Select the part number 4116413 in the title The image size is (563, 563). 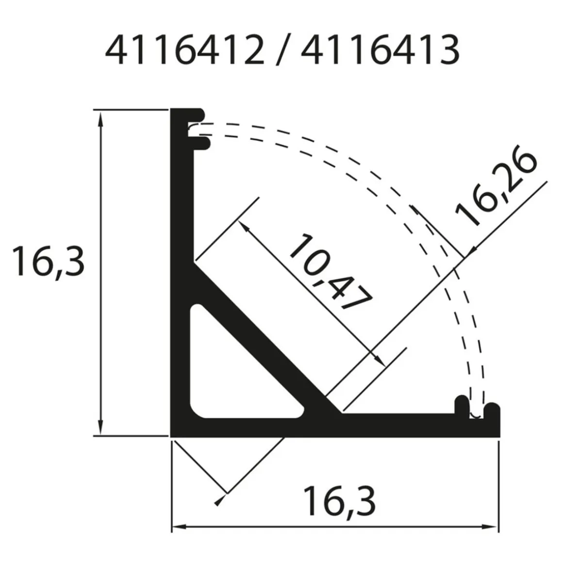[380, 50]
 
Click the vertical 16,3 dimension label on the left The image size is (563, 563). [48, 262]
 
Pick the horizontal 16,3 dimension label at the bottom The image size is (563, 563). [340, 501]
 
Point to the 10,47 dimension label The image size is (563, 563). [330, 271]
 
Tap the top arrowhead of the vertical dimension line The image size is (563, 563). [101, 118]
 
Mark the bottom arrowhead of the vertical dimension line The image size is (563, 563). [101, 427]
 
